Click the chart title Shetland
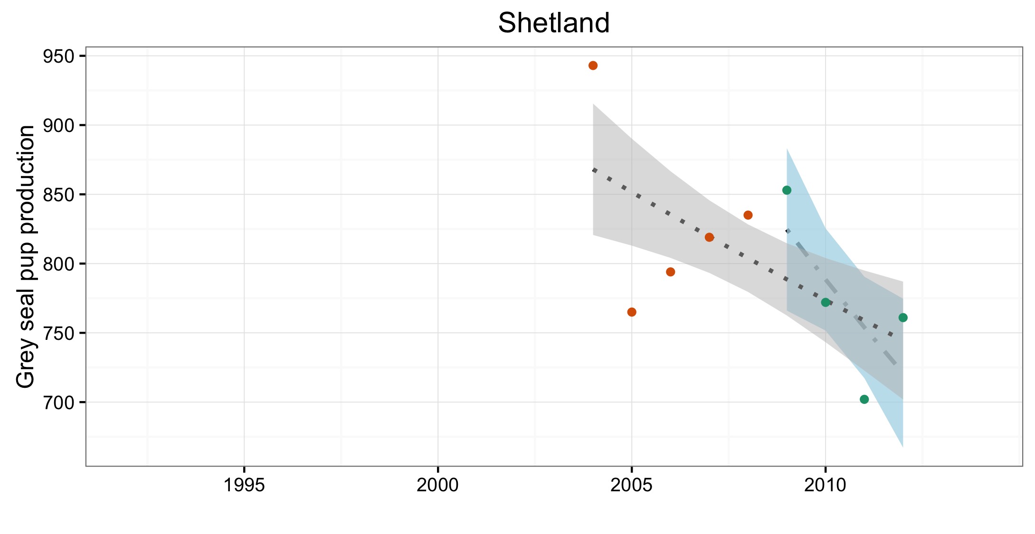554,23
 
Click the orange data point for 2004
593,66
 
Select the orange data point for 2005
632,312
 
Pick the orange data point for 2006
671,272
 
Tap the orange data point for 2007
709,237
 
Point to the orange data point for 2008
748,215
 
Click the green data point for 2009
787,190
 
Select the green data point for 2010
826,302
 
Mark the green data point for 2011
864,399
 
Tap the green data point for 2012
903,318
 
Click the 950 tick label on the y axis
58,56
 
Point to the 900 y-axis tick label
58,126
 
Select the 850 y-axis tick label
58,195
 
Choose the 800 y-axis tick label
58,264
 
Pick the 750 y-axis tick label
58,333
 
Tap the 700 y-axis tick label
58,403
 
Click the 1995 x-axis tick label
244,485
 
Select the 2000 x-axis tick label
437,485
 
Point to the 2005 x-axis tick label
631,485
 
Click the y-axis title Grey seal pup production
26,256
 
